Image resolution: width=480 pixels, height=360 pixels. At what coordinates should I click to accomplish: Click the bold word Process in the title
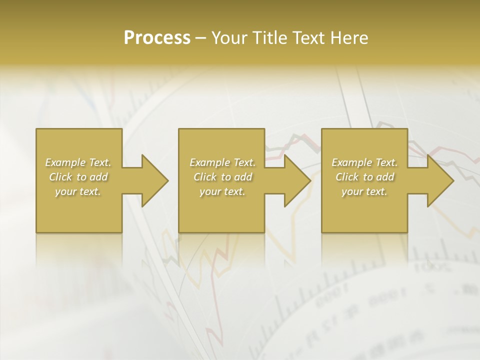[x=157, y=38]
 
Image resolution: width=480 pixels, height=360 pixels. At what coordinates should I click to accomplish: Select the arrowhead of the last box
[x=439, y=180]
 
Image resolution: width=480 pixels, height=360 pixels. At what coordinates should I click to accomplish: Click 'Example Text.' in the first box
[x=78, y=162]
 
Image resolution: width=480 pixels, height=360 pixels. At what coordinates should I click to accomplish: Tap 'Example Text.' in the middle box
[x=222, y=162]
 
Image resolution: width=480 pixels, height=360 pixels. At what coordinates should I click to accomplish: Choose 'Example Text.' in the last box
[x=364, y=162]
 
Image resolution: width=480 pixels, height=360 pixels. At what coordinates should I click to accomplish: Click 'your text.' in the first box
[x=78, y=191]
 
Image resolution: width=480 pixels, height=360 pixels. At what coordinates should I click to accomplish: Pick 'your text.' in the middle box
[x=222, y=191]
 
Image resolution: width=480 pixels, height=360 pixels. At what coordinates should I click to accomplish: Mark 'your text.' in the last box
[x=364, y=191]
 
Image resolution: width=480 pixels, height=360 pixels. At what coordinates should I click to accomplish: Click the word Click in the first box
[x=60, y=177]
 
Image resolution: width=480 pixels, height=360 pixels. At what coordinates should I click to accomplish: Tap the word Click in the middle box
[x=204, y=177]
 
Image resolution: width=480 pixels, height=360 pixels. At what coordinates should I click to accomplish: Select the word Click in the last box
[x=346, y=177]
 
